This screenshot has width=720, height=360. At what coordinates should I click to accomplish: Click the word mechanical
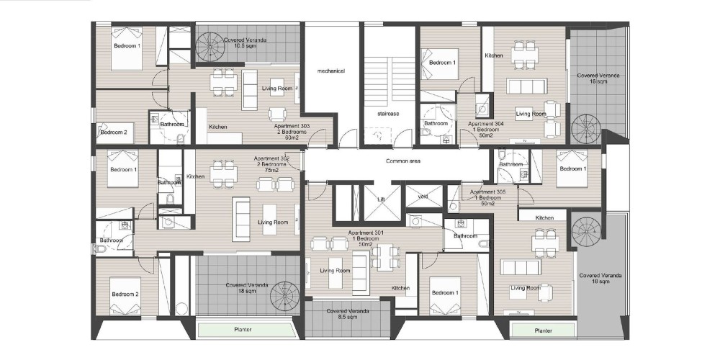point(330,71)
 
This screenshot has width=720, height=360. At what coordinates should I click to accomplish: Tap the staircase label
point(388,114)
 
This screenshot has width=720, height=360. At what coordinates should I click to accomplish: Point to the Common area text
point(403,161)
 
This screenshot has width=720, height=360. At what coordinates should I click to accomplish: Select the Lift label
point(381,199)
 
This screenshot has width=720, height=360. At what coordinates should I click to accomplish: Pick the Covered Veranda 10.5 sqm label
point(245,42)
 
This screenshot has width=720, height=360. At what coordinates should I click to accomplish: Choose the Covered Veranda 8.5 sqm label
point(348,314)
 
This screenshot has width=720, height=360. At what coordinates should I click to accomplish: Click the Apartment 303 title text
point(292,126)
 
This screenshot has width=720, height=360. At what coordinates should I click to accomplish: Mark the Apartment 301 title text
point(366,233)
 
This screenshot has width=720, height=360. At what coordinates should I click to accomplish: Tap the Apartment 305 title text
point(487,192)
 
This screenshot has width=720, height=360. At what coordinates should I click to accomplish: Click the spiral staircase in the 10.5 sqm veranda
point(210,46)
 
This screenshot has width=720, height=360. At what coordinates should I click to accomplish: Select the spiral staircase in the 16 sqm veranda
point(586,129)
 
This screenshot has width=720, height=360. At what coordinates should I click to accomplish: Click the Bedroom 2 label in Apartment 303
point(114,132)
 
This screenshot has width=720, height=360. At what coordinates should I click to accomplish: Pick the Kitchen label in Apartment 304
point(494,55)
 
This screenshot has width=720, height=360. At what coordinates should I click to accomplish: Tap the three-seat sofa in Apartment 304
point(527,86)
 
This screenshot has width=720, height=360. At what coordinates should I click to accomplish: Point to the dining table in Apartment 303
point(224,82)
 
